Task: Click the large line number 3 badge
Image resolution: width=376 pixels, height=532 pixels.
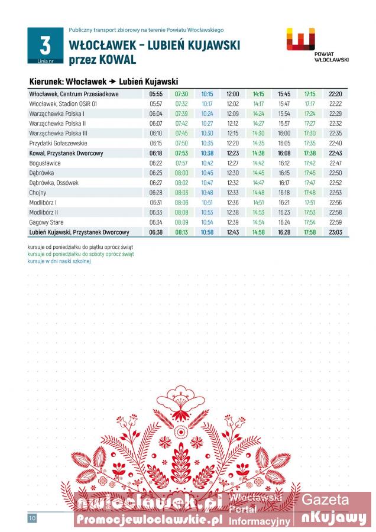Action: click(x=45, y=45)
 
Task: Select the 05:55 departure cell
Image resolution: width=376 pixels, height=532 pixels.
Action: click(x=156, y=94)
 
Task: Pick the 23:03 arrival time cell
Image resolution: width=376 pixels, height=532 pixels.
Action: click(x=335, y=232)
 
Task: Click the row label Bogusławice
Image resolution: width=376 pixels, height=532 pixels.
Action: click(x=45, y=163)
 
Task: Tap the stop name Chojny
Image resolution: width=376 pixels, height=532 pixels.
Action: click(x=38, y=193)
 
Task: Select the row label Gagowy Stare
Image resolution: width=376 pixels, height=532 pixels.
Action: click(x=46, y=222)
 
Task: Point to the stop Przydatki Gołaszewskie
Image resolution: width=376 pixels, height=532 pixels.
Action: click(x=58, y=143)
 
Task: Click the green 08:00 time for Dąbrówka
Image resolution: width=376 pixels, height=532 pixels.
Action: click(x=181, y=173)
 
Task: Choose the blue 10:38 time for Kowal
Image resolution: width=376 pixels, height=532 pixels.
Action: click(x=207, y=153)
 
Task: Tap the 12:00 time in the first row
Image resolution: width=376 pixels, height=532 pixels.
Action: click(x=233, y=94)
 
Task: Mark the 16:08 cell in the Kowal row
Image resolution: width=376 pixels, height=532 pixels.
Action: click(x=284, y=153)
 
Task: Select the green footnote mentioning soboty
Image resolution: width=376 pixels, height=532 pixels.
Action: click(x=80, y=254)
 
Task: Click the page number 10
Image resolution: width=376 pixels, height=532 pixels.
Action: click(x=32, y=518)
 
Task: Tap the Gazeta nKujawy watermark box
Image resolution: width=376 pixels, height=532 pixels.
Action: click(x=333, y=509)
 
